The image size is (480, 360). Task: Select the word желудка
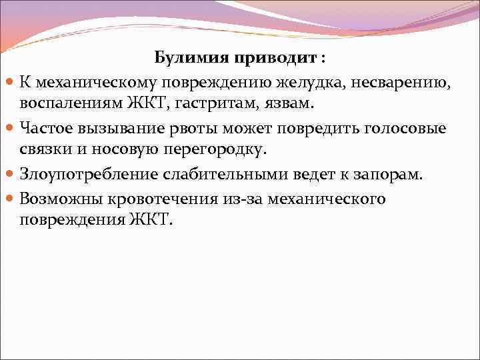point(322,81)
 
